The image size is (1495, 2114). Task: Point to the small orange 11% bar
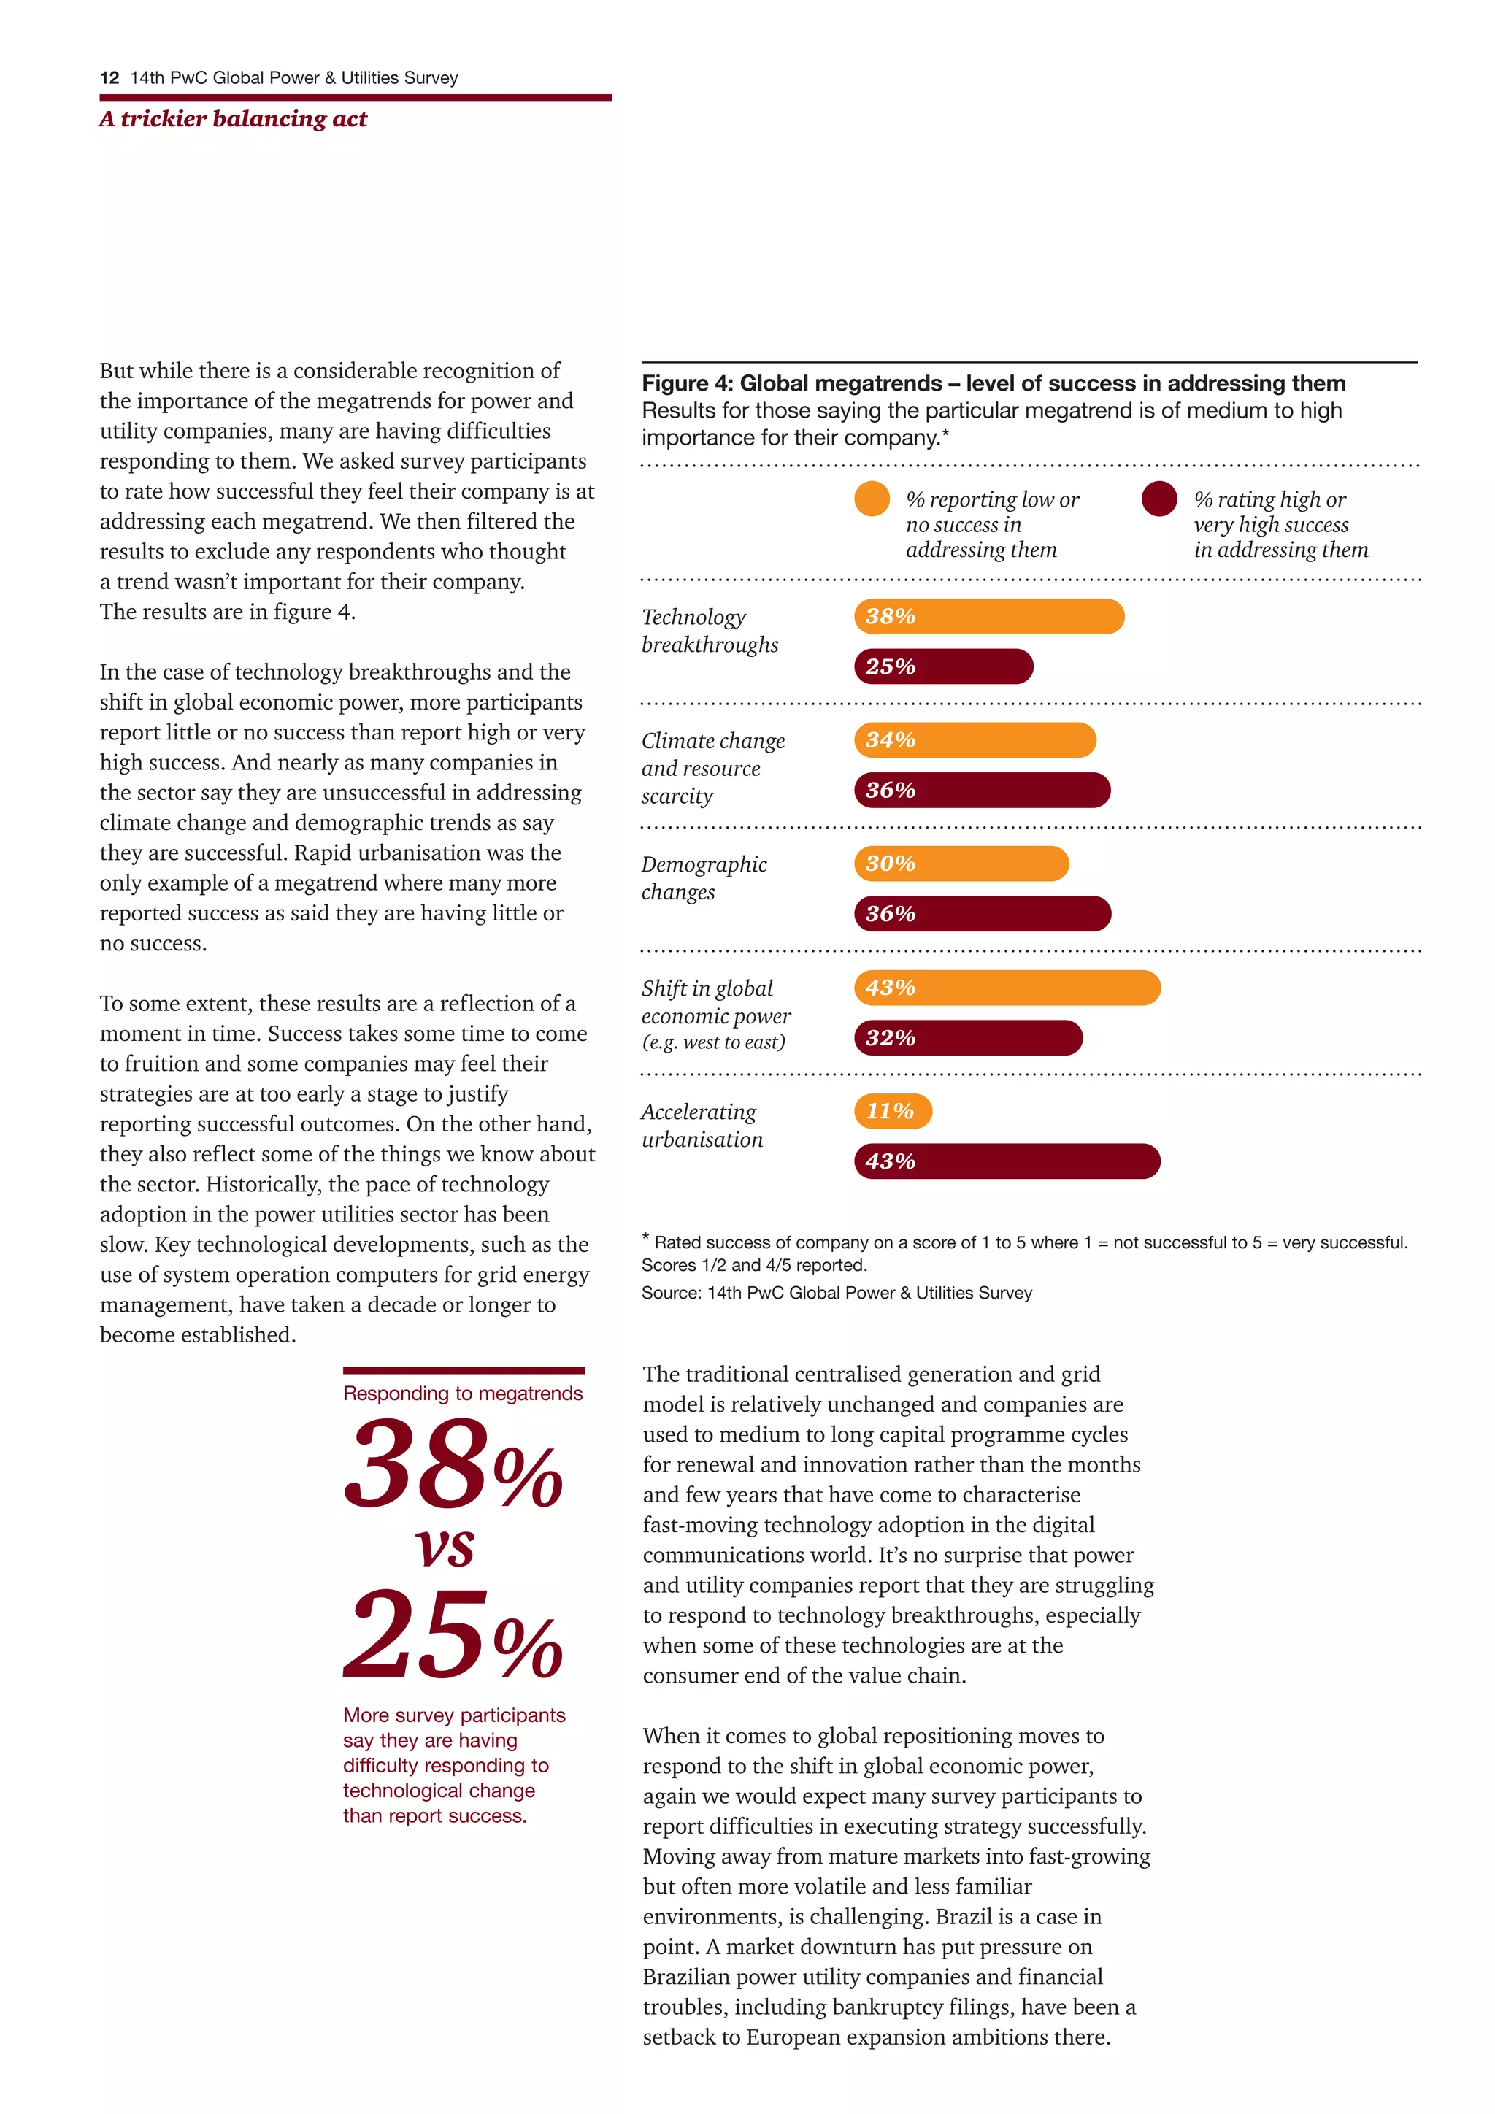coord(892,1110)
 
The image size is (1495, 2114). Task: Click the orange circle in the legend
coord(872,499)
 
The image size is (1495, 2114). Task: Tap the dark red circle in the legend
coord(1159,499)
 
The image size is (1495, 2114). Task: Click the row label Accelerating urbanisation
coord(702,1125)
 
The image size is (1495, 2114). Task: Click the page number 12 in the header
coord(109,78)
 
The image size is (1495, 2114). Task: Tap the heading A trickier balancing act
coord(233,119)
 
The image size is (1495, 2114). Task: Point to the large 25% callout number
coord(452,1635)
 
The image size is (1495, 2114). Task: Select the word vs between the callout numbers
coord(445,1549)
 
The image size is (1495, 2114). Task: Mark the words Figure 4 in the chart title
coord(686,383)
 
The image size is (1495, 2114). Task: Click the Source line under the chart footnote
coord(836,1293)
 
